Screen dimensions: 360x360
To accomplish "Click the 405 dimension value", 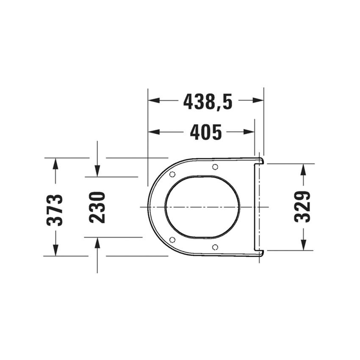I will point(206,132).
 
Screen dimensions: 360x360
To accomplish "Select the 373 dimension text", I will point(55,210).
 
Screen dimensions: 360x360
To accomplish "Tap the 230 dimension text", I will point(97,208).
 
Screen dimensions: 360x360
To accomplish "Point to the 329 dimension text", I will point(303,207).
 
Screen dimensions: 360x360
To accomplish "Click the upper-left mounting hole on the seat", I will point(172,174).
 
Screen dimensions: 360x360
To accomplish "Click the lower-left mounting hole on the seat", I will point(172,240).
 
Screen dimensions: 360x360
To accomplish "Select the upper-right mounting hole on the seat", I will point(215,166).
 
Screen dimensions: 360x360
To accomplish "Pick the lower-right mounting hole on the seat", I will point(215,247).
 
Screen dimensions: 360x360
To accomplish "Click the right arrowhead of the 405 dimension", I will point(249,132).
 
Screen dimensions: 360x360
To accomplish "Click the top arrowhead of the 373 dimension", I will point(55,163).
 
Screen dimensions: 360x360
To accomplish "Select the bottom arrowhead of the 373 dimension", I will point(55,250).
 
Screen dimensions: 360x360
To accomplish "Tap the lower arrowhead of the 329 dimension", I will point(303,244).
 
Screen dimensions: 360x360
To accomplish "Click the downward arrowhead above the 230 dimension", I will point(97,171).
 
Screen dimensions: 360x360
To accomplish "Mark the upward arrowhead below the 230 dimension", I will point(97,243).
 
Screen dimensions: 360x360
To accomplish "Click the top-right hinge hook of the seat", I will point(260,160).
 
